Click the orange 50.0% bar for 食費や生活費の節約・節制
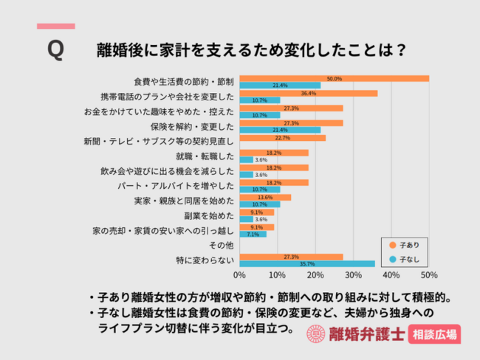tap(334, 78)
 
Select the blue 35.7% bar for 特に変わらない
tap(307, 263)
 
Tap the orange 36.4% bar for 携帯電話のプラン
tap(308, 94)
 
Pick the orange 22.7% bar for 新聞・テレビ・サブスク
tap(282, 137)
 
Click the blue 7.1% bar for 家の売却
tap(253, 233)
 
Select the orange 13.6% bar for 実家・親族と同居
tap(265, 197)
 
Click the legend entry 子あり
tap(407, 244)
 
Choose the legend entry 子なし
tap(407, 258)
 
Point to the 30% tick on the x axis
tap(353, 275)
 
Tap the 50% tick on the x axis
tap(429, 275)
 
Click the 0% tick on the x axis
tap(239, 275)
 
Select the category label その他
tap(222, 245)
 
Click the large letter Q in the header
tap(55, 50)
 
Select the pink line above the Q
tap(55, 27)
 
